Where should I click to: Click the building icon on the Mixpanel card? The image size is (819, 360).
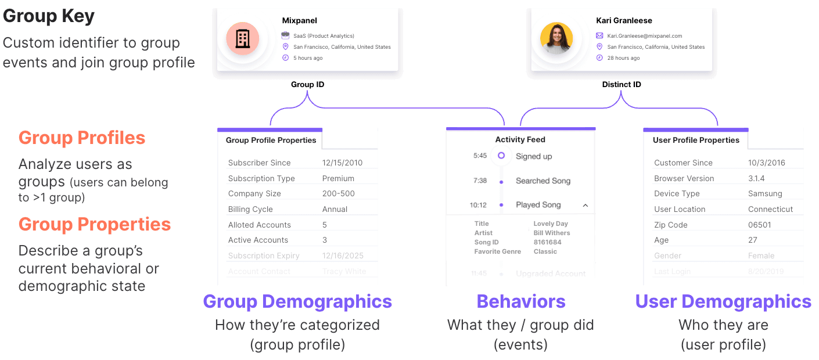click(242, 39)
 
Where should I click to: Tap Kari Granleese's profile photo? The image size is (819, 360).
click(556, 39)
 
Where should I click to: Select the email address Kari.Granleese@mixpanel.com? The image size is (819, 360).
click(645, 36)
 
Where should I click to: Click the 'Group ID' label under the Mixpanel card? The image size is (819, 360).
click(307, 85)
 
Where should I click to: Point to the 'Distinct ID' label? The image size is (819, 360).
click(622, 85)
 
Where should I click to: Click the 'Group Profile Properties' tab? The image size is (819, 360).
click(271, 140)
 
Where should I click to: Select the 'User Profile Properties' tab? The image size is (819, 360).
click(696, 140)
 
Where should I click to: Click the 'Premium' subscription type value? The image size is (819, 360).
click(338, 178)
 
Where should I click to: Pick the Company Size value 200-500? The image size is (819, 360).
click(338, 193)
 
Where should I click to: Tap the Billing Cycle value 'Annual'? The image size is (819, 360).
click(335, 209)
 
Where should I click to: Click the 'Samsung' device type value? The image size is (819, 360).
click(765, 193)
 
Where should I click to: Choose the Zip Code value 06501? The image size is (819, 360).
click(760, 225)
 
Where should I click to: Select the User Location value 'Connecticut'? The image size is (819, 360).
click(771, 209)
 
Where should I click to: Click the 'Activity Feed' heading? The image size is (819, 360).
click(520, 139)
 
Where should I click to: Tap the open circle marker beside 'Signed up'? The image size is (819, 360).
click(501, 156)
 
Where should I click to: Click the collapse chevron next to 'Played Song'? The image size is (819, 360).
click(585, 205)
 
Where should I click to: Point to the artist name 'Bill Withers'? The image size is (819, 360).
click(552, 233)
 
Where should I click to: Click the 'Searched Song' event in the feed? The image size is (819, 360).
click(543, 181)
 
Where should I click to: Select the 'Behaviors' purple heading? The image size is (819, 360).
click(521, 301)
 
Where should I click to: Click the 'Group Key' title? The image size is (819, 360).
click(49, 16)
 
